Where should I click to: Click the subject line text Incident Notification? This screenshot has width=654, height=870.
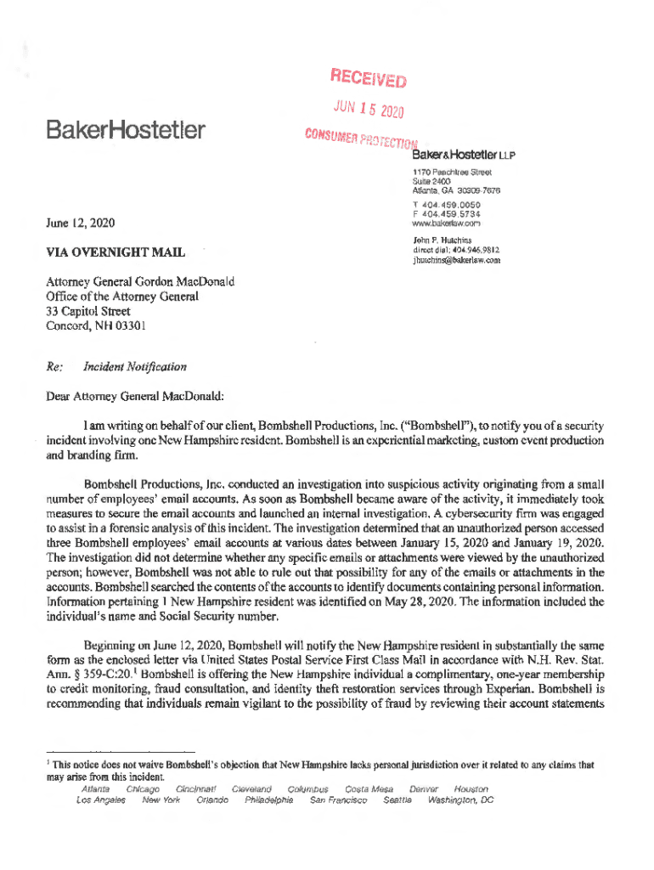coord(134,367)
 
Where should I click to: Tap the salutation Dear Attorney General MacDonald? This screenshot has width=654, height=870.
coord(135,395)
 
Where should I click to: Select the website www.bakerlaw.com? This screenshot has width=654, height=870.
coord(446,225)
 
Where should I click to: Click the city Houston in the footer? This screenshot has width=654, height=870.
coord(471,789)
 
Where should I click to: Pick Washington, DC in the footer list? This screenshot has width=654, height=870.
coord(462,800)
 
